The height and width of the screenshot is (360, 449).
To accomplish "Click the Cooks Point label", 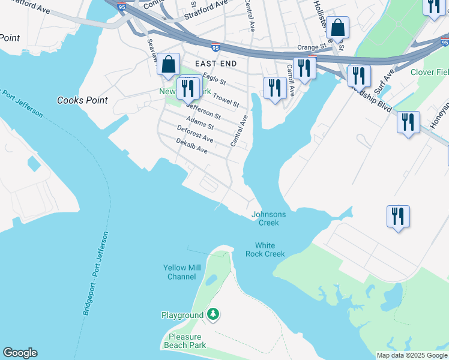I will coord(82,100).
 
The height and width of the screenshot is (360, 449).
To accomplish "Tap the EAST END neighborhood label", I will coord(214,63).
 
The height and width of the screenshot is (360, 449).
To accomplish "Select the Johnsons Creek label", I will coord(269,218).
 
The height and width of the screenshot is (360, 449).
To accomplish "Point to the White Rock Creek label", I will coord(265,250).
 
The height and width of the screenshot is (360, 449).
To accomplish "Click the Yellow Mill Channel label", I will coord(179,272).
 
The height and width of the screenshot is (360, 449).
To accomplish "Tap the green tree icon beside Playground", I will coord(213,314).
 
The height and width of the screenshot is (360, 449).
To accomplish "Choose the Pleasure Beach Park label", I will coord(185,341).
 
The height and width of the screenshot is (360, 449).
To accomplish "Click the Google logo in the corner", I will coord(20,353).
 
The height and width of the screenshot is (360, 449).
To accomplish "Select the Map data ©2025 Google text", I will coord(412,355).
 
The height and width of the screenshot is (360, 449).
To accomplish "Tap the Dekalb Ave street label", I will coord(191,146).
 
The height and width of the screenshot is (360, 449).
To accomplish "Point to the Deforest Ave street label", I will coord(195,134).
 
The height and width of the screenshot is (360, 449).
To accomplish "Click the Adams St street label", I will coord(200,122).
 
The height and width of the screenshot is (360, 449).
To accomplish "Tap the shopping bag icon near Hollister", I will coord(338,28).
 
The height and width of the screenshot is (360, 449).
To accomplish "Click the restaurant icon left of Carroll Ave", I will coord(274,88).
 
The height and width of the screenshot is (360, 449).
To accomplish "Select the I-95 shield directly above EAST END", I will coord(215,47).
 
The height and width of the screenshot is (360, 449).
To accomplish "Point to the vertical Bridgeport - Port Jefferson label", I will coord(95,274).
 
